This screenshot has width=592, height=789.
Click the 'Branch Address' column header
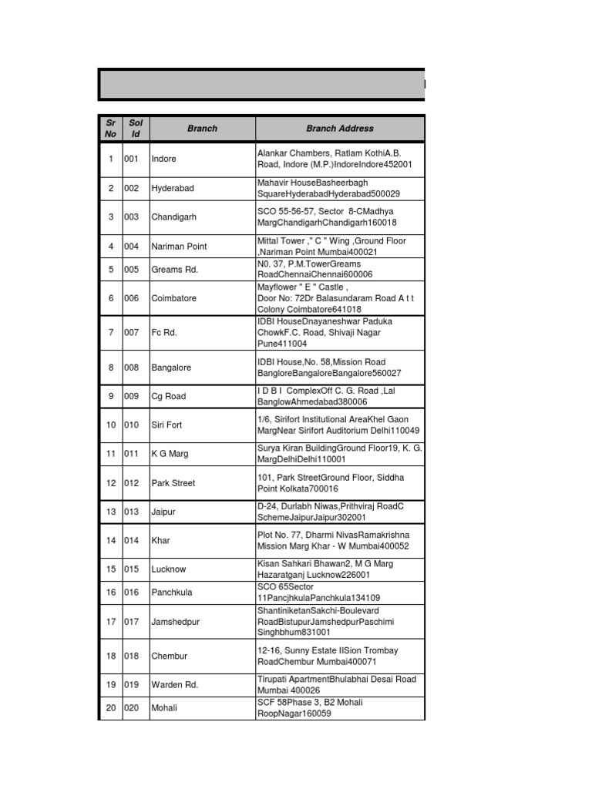click(339, 129)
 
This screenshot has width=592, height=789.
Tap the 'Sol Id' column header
click(136, 129)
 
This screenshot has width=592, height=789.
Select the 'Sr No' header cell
click(110, 129)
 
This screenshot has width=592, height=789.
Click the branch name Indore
click(164, 159)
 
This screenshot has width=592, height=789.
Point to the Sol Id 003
click(132, 217)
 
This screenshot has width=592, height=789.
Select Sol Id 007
click(132, 333)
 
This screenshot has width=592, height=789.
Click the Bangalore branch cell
click(171, 368)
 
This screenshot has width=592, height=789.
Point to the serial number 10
click(110, 425)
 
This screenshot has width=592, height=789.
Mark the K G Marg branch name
click(170, 454)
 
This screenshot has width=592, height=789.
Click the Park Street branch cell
click(173, 483)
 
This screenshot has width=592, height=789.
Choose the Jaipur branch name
click(163, 512)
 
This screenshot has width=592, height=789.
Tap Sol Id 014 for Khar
click(132, 541)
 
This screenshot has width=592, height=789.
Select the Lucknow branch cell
click(168, 569)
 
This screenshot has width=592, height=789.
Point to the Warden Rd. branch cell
click(175, 684)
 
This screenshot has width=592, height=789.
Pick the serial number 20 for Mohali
click(110, 708)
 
